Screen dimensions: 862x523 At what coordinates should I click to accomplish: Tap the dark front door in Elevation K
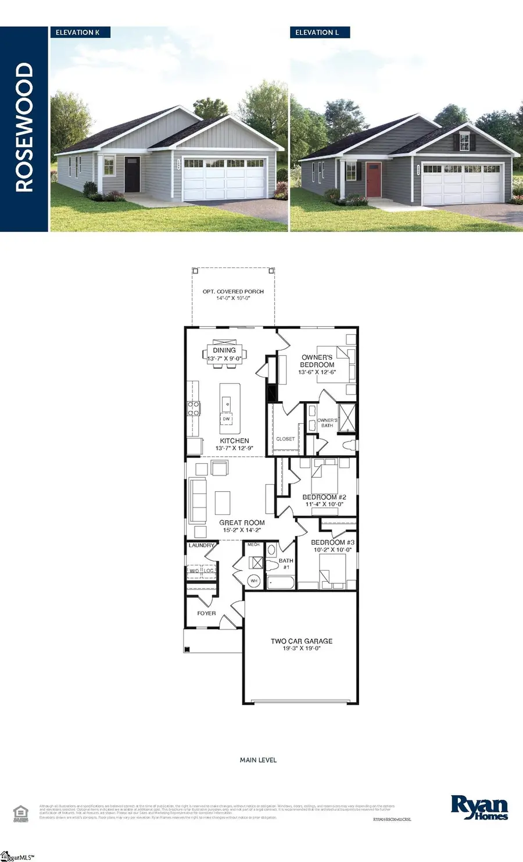click(132, 174)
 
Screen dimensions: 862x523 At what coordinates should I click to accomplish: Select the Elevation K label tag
click(78, 33)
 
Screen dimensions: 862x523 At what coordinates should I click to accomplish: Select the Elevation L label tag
click(317, 33)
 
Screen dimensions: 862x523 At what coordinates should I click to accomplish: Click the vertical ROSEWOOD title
click(24, 128)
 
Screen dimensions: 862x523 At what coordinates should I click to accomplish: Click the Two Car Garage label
click(302, 641)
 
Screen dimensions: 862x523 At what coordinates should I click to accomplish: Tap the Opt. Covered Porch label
click(233, 292)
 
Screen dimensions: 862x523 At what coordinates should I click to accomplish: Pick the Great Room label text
click(242, 523)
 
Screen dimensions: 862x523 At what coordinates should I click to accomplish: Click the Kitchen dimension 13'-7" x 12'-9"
click(234, 448)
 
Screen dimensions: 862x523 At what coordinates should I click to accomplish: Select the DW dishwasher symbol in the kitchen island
click(227, 419)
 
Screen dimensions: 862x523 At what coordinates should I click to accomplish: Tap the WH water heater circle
click(254, 580)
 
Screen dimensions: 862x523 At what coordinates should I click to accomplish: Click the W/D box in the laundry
click(194, 571)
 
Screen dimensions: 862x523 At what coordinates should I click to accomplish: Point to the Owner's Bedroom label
click(317, 361)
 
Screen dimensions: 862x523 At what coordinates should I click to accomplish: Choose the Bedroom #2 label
click(324, 497)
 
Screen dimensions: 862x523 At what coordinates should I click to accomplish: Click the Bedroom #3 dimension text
click(332, 549)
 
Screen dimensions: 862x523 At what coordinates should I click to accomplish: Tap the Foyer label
click(206, 613)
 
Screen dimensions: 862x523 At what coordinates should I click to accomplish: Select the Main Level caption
click(258, 760)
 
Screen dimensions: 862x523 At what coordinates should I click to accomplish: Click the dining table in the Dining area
click(224, 353)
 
